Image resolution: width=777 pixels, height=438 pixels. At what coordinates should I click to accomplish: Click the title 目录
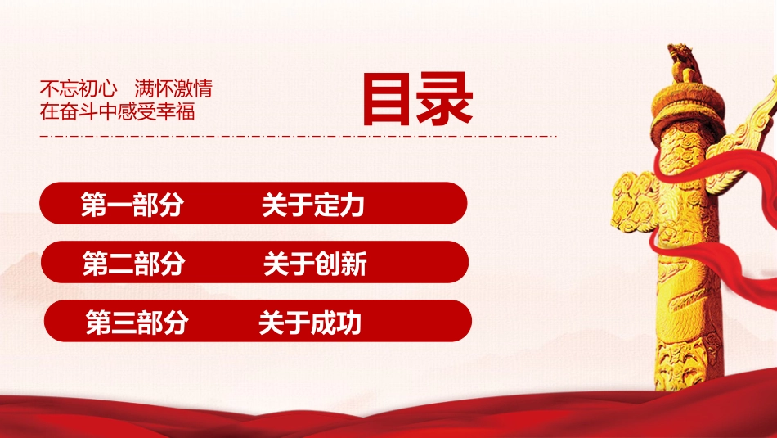click(418, 101)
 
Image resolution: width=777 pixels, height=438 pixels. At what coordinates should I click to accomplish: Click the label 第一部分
click(132, 205)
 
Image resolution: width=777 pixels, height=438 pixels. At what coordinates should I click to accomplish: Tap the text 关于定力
click(313, 205)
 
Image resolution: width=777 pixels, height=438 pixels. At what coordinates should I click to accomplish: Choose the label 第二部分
click(133, 264)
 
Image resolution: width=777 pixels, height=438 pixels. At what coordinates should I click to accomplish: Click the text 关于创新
click(315, 264)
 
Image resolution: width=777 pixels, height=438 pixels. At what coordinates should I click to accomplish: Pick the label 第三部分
click(137, 323)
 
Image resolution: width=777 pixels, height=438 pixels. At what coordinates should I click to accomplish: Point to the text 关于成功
click(310, 323)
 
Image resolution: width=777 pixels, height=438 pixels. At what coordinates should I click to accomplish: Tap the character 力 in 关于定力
click(352, 205)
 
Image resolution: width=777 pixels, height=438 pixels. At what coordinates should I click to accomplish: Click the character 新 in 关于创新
click(353, 264)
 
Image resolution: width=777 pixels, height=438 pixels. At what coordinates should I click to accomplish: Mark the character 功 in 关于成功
click(348, 323)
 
